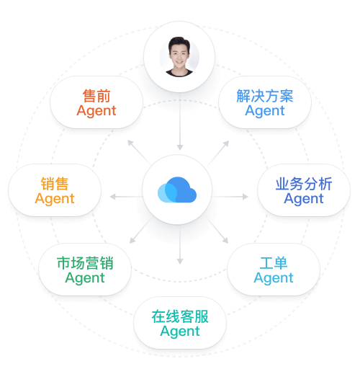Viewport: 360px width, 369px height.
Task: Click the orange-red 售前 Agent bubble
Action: pyautogui.click(x=96, y=102)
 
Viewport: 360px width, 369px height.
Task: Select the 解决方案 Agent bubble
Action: pyautogui.click(x=265, y=102)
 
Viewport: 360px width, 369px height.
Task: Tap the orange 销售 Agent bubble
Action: pyautogui.click(x=55, y=190)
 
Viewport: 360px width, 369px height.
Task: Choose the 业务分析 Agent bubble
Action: pyautogui.click(x=304, y=190)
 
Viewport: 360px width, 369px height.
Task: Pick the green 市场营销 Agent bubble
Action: pyautogui.click(x=85, y=270)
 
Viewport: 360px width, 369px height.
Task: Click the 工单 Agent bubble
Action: pyautogui.click(x=274, y=270)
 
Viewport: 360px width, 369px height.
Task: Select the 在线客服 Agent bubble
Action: pyautogui.click(x=180, y=323)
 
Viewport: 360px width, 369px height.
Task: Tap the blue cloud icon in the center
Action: pyautogui.click(x=177, y=190)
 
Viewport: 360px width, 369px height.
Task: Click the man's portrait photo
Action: pyautogui.click(x=179, y=57)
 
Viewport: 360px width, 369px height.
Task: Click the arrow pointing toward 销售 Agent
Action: pyautogui.click(x=126, y=197)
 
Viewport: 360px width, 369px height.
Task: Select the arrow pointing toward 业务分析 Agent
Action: pyautogui.click(x=230, y=197)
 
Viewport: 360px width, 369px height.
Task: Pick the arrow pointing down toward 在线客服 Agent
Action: pyautogui.click(x=180, y=244)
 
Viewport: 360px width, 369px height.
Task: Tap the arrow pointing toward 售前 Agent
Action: pyautogui.click(x=139, y=151)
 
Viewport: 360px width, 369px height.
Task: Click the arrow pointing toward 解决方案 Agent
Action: pyautogui.click(x=218, y=153)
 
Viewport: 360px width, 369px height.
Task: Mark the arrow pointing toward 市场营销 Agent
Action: pyautogui.click(x=141, y=230)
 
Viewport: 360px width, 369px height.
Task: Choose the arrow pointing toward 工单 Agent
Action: pyautogui.click(x=217, y=230)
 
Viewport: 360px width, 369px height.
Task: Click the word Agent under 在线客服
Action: pyautogui.click(x=180, y=332)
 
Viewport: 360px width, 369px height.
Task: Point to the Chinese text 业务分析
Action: pyautogui.click(x=304, y=184)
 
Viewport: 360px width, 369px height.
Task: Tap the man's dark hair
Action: pyautogui.click(x=179, y=43)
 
